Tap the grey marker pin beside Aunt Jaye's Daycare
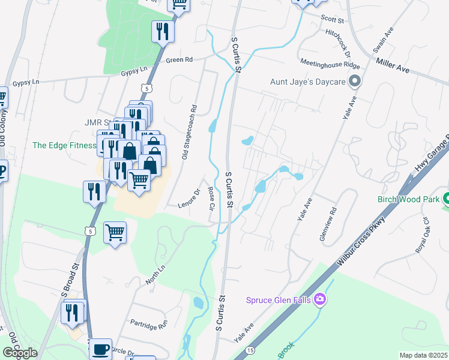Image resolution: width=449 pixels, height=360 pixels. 355,81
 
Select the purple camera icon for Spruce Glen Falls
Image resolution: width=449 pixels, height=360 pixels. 320,299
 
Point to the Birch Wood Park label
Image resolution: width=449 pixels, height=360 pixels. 408,199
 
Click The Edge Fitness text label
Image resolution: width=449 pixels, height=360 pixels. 64,145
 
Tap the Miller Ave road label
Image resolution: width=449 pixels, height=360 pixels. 393,66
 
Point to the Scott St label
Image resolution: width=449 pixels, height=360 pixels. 332,20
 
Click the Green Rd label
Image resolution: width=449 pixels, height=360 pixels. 179,60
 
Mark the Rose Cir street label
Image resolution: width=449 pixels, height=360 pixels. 211,198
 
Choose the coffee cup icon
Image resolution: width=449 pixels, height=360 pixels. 100,348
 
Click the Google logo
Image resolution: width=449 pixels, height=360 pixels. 20,352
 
